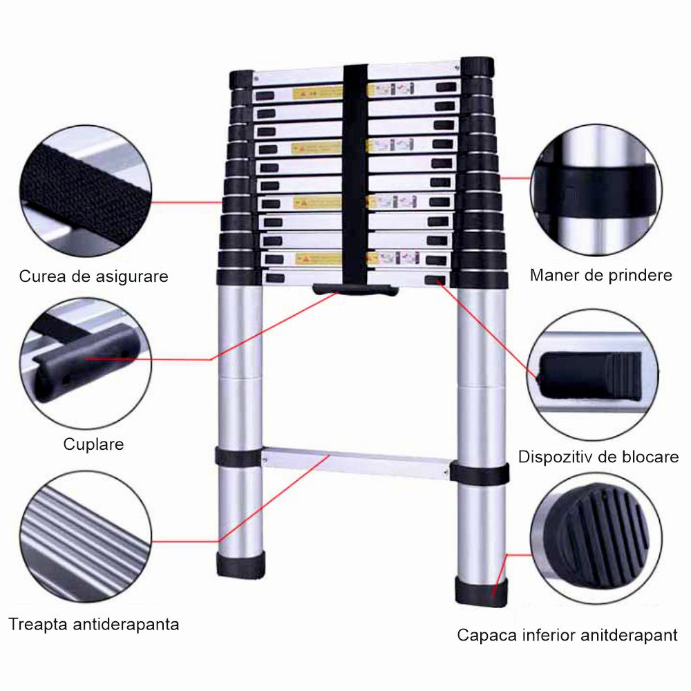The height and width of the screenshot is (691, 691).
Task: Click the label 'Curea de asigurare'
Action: coord(93,276)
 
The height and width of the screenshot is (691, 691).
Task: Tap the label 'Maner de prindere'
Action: coord(600,275)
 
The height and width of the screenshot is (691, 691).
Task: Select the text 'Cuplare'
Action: coord(93,444)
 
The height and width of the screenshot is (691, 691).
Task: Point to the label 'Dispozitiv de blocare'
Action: coord(598,456)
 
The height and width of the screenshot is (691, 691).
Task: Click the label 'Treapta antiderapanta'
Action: coord(93,624)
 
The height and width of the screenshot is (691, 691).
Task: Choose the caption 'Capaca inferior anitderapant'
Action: coord(567,635)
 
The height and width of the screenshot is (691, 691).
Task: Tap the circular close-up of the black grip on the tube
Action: coord(596,190)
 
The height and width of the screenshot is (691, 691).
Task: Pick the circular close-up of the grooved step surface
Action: coord(86,536)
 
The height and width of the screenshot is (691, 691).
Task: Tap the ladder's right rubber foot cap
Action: coord(480,591)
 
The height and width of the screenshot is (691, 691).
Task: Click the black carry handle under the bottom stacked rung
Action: coord(354,289)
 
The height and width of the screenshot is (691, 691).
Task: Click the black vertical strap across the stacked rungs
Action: coord(355,173)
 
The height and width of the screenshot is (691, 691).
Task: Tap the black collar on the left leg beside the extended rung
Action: coord(237,456)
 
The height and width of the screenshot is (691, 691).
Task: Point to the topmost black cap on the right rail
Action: coord(477,68)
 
